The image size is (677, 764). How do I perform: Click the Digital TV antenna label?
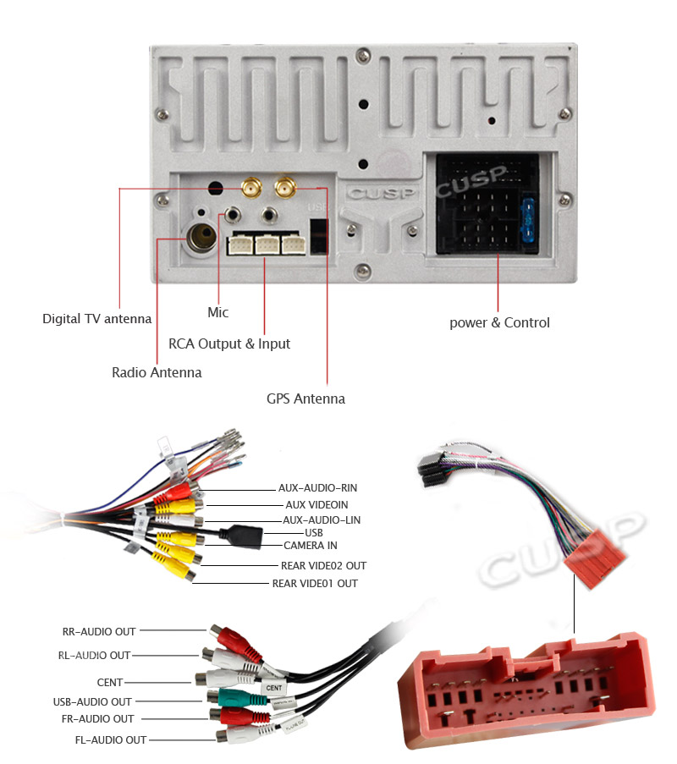96,319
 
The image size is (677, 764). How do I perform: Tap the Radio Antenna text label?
157,372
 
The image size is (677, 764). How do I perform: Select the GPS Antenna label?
305,398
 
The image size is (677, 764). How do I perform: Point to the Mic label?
217,312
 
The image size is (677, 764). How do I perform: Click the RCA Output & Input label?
229,344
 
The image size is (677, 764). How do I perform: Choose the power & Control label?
499,322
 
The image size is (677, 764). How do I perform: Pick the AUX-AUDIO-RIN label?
317,488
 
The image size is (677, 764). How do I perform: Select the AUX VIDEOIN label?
316,505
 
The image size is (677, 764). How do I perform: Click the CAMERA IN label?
310,546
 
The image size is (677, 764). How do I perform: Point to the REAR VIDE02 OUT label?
323,565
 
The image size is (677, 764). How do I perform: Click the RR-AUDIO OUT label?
99,631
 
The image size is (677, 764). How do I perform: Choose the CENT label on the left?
110,682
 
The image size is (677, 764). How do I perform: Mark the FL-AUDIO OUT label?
110,740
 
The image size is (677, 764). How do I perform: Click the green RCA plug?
229,698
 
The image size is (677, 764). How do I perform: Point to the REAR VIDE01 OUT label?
314,584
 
